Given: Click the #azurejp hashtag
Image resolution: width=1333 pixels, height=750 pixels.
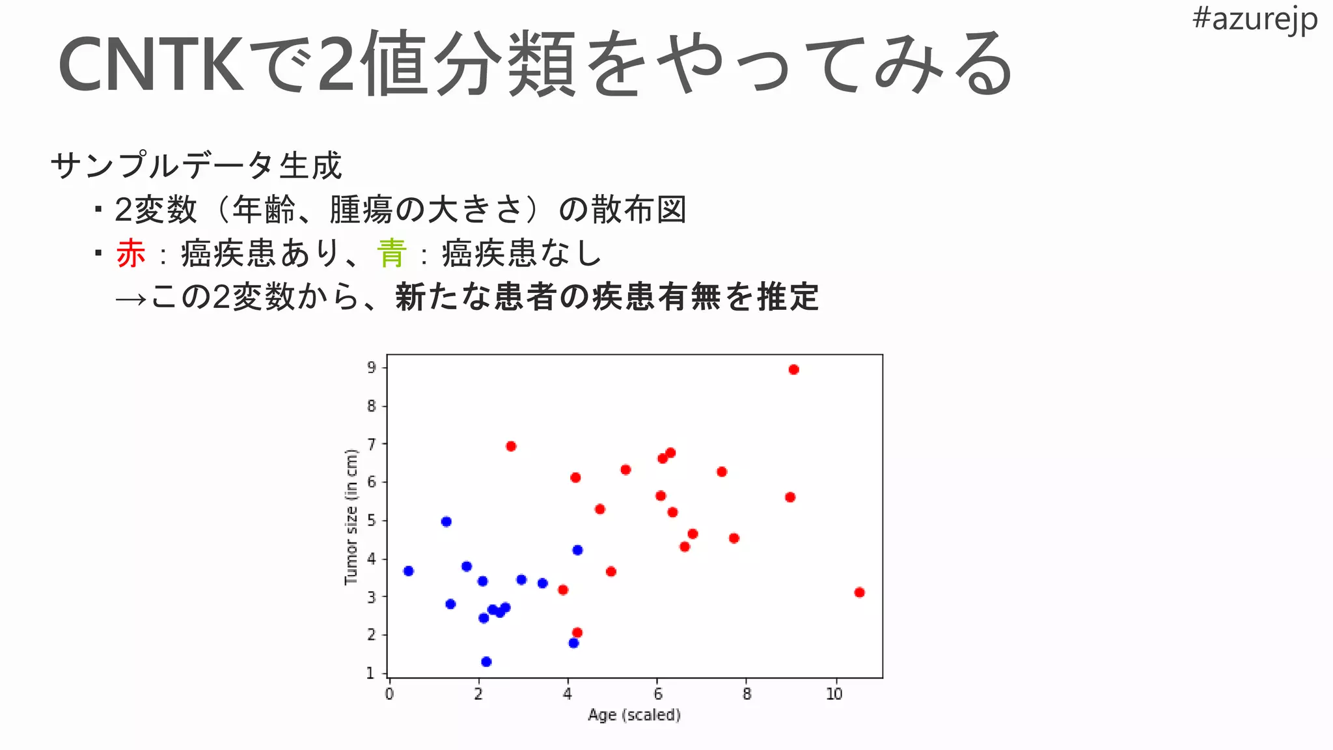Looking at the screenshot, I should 1254,20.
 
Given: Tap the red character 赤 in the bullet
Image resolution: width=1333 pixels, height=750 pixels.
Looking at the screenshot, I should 131,253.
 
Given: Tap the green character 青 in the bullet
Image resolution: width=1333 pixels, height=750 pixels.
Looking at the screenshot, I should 392,253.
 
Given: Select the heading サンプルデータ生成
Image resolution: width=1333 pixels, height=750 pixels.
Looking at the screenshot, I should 196,165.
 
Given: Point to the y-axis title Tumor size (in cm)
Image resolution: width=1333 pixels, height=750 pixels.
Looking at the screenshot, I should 351,517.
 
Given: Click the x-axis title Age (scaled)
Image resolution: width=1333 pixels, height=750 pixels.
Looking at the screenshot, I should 634,715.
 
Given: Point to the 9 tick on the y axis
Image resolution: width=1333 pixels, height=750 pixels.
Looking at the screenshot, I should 372,368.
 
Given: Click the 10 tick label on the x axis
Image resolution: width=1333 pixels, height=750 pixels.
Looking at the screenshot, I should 834,694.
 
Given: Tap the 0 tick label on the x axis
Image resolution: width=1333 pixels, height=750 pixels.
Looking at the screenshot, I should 389,694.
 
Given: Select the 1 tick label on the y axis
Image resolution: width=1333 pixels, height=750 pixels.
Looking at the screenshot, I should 371,673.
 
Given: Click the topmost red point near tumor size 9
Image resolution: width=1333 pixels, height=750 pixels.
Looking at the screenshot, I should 793,370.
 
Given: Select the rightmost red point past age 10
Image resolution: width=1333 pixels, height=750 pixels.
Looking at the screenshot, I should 859,592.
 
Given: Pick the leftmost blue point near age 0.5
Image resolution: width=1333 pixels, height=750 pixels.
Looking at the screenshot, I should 409,571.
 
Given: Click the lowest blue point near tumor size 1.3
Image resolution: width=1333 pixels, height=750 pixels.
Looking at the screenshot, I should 486,662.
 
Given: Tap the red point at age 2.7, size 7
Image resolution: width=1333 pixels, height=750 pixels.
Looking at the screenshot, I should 511,447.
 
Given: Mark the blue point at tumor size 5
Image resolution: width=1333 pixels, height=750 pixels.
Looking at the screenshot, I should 446,521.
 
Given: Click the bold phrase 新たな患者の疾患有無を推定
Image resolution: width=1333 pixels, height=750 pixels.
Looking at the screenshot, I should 607,298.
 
